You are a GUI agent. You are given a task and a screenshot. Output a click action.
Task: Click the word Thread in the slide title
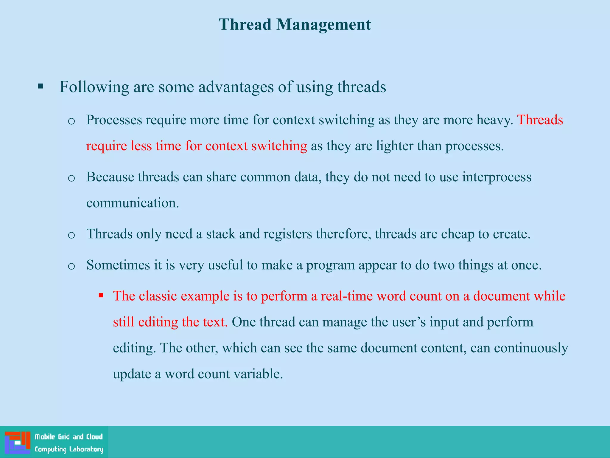(245, 24)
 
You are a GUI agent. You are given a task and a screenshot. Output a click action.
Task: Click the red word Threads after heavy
(540, 120)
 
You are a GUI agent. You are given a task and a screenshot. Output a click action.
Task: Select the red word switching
(279, 146)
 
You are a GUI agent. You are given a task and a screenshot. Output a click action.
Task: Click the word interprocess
(497, 177)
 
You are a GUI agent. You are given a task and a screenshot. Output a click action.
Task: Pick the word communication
(133, 203)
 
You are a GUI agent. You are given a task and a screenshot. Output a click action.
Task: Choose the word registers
(287, 234)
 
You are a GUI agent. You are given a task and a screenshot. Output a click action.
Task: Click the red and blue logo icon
(18, 442)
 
